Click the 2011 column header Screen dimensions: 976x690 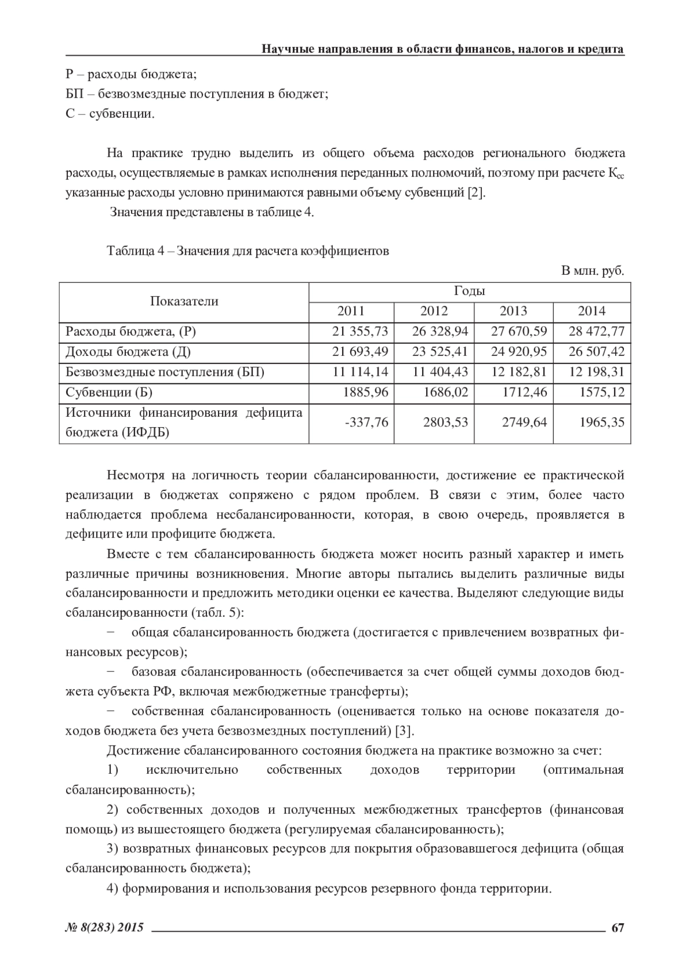click(x=351, y=311)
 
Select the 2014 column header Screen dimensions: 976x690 click(x=592, y=311)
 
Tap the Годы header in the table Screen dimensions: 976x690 click(x=469, y=291)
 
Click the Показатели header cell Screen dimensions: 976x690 click(x=184, y=301)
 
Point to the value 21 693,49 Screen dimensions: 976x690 click(x=361, y=352)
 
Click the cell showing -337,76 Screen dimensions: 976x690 click(x=366, y=422)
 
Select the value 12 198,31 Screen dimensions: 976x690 click(x=596, y=372)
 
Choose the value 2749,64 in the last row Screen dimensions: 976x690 click(x=524, y=422)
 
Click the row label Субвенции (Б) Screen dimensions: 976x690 click(x=109, y=393)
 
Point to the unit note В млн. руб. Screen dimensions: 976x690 click(x=592, y=271)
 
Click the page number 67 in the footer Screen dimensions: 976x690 click(x=618, y=928)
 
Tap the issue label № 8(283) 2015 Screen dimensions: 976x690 click(x=105, y=928)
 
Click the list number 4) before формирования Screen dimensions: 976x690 click(x=113, y=888)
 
